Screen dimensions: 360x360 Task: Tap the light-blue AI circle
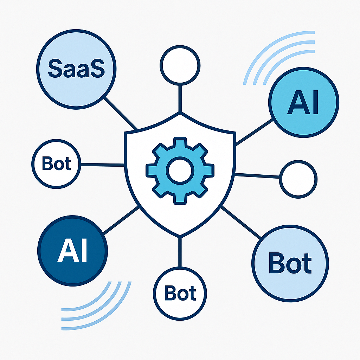pos(303,102)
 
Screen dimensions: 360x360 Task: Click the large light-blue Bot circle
pos(290,263)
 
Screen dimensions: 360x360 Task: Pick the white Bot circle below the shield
pos(180,292)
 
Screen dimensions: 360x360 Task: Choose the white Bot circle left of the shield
pos(56,164)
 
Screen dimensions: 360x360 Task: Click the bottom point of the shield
pos(180,234)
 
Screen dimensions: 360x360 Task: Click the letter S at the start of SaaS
pos(54,69)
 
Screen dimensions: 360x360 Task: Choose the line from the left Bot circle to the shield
pos(102,164)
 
